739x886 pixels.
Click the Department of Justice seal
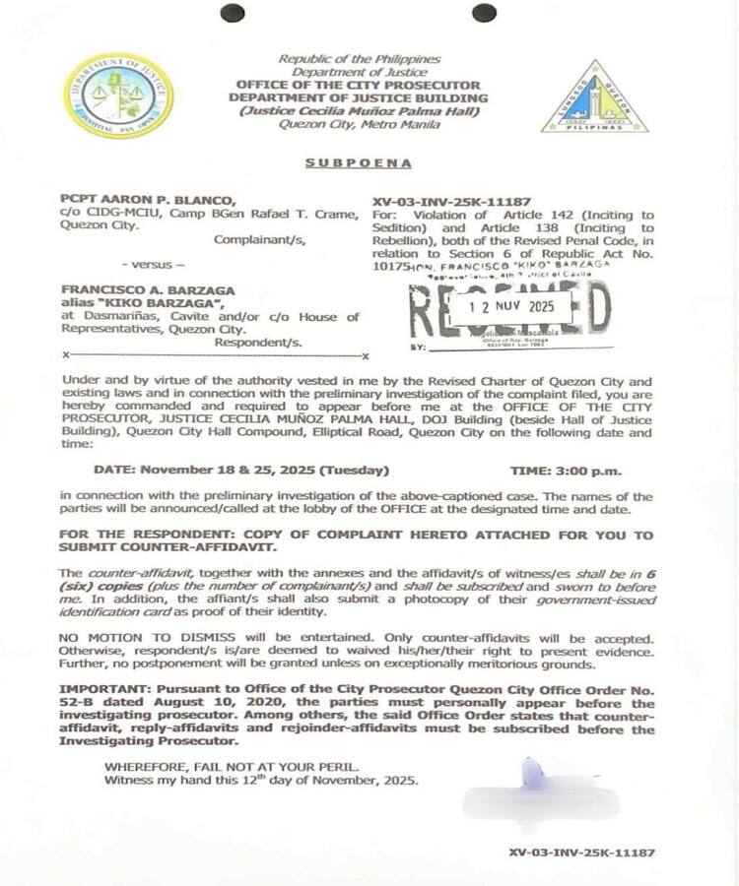(117, 95)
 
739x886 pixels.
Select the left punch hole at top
(233, 13)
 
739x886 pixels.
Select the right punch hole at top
(484, 13)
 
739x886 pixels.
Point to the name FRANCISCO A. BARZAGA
(133, 292)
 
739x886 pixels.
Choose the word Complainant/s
(260, 238)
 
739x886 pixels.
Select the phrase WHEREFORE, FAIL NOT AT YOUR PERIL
(225, 766)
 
